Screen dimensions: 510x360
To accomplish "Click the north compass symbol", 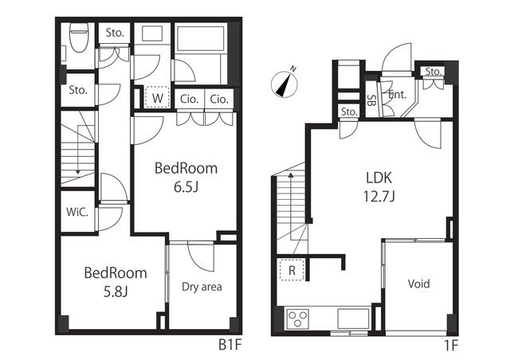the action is point(284,83).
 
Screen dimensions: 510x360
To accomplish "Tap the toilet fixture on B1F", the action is point(79,38).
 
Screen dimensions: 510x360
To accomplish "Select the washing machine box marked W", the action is point(158,97).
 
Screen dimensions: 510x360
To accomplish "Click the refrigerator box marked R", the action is point(292,269).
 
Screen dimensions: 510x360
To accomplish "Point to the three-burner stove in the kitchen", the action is point(297,319).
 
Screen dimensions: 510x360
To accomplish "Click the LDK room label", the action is point(379,178).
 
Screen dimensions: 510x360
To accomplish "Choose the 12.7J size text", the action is point(379,197).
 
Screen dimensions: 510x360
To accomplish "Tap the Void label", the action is point(418,284).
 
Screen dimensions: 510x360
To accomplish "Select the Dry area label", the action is point(202,287).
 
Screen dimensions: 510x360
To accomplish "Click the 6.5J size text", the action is point(186,187).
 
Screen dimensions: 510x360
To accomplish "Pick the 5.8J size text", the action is point(116,292).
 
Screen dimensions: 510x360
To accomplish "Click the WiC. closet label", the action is point(77,212).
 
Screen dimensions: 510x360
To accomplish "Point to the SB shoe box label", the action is point(371,100).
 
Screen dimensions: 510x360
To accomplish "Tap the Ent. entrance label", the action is point(398,95).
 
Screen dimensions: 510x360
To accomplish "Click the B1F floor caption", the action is point(230,345).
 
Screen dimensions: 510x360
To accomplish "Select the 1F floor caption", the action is point(451,345).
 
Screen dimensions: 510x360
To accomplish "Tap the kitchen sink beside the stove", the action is point(353,319).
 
